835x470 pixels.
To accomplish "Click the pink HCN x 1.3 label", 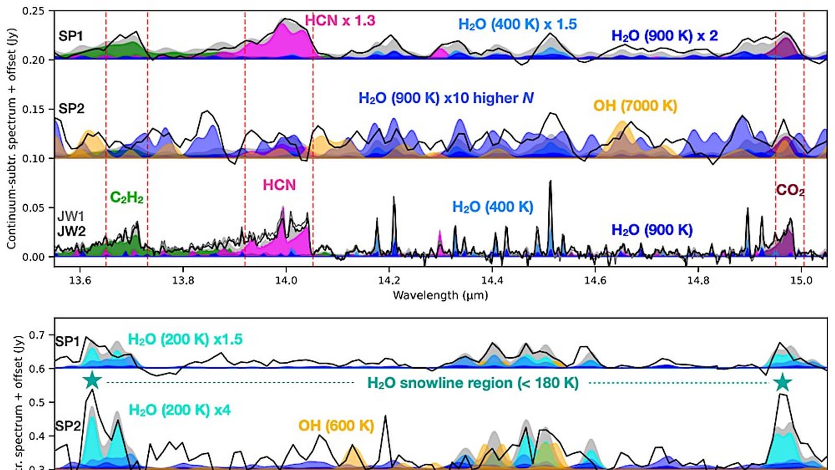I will point(340,21).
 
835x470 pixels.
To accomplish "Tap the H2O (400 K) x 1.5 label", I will point(517,25).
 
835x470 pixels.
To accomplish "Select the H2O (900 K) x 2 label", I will point(664,36).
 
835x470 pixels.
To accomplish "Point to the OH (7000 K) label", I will point(635,106).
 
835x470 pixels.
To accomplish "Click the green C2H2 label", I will point(126,197).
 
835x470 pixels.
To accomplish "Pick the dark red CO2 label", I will point(790,190).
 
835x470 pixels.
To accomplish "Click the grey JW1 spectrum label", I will point(71,217).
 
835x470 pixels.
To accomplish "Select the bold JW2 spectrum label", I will point(71,231).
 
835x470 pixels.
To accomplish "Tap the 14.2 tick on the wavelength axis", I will point(388,280).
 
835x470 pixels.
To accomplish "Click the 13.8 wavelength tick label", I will point(183,280).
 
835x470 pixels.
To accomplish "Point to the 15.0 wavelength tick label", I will point(801,280).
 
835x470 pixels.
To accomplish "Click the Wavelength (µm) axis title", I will point(440,296).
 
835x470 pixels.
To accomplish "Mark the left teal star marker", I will point(92,380).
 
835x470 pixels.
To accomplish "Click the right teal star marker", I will point(782,382).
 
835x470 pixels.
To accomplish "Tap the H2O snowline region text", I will point(473,383).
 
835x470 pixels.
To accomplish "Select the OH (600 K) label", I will point(336,426).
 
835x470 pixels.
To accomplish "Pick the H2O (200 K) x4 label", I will point(179,410).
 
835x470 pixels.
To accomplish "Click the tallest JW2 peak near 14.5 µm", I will point(550,182).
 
